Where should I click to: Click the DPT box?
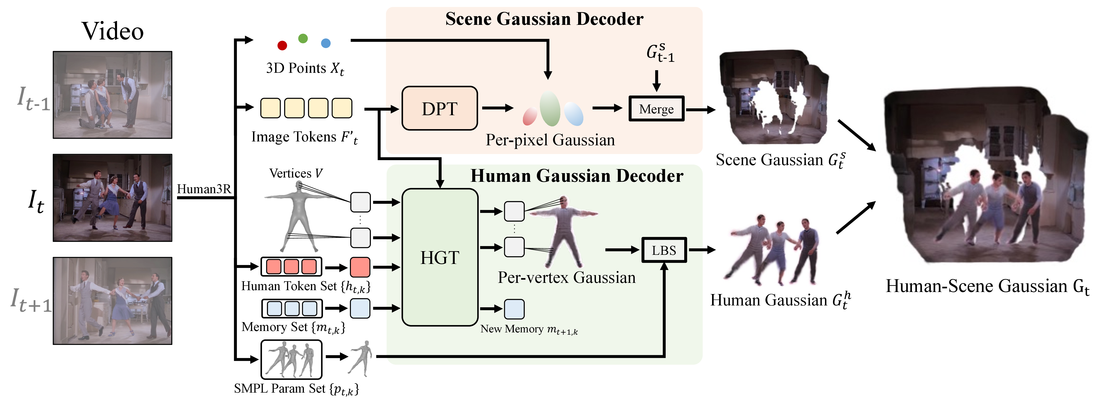pos(439,108)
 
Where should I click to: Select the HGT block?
pos(440,257)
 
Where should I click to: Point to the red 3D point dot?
pos(282,45)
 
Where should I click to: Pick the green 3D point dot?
pos(303,38)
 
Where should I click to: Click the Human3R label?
pos(204,189)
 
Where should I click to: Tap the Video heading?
pos(113,31)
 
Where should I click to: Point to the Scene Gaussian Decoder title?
pos(544,19)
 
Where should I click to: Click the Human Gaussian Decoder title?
pos(577,176)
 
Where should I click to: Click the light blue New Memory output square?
pos(514,309)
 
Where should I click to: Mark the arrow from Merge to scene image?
pos(700,110)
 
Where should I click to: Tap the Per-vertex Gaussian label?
pos(566,278)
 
